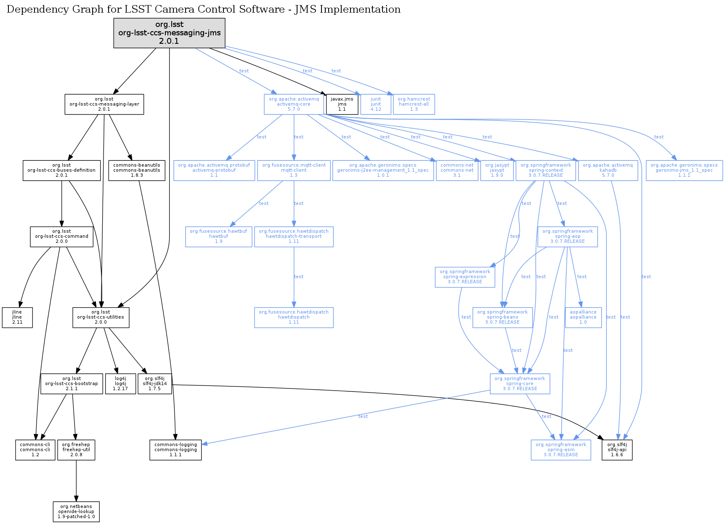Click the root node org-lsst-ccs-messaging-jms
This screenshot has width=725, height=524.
tap(169, 33)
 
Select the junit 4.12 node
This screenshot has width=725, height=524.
tap(376, 104)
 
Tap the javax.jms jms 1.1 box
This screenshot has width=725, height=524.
tap(342, 104)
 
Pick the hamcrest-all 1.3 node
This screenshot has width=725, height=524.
tap(414, 104)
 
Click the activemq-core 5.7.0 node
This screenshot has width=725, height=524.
tap(294, 104)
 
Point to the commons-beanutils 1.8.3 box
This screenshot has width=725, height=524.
tap(137, 170)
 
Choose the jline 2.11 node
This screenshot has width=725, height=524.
tap(17, 317)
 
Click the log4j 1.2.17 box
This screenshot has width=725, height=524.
tap(120, 384)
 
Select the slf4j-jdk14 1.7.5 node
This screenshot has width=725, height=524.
tap(155, 384)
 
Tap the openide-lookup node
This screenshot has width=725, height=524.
tap(76, 512)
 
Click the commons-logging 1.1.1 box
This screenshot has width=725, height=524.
tap(175, 450)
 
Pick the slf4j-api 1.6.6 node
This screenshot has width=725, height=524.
tap(617, 450)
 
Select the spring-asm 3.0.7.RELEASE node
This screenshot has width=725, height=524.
tap(561, 450)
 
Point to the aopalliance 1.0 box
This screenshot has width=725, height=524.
tap(583, 317)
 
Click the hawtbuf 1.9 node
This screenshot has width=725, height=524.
tap(219, 237)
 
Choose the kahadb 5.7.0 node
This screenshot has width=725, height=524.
tap(608, 170)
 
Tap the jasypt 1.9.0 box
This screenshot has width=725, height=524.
tap(497, 170)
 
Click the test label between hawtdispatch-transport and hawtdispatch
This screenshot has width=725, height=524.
tap(299, 277)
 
